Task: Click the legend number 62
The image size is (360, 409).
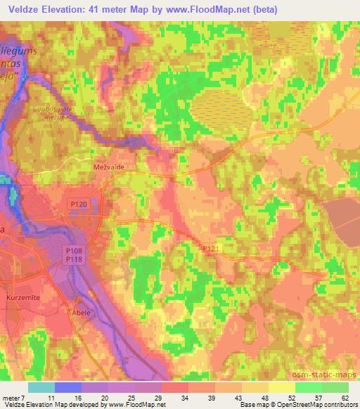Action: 344,397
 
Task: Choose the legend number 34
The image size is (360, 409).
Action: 184,397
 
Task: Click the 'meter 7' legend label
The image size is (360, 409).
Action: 14,397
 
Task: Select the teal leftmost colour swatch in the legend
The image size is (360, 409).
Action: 41,387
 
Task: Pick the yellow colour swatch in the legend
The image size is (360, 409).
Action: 281,387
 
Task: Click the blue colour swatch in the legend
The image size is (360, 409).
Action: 68,387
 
